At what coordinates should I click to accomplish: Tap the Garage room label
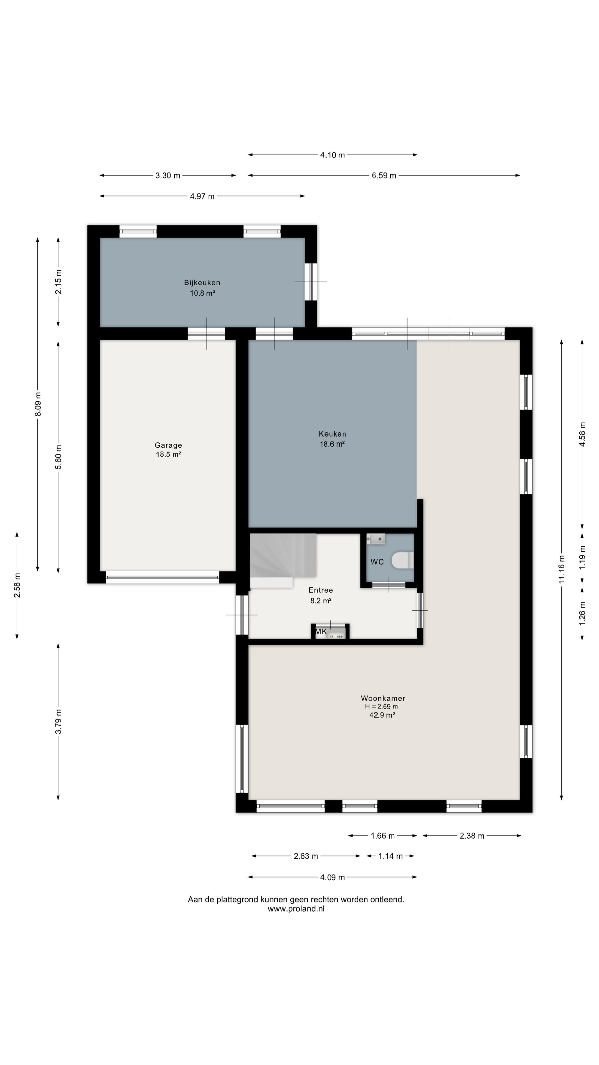(168, 445)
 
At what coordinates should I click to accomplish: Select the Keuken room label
(333, 434)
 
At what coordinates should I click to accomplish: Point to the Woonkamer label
(383, 698)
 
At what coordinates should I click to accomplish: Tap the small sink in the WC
(376, 539)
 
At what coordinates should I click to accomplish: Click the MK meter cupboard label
(321, 632)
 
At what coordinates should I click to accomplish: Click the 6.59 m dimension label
(384, 176)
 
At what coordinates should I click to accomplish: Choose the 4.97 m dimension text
(202, 196)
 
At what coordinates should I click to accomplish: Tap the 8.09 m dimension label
(38, 404)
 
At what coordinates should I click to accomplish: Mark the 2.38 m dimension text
(472, 836)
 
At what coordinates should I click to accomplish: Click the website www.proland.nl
(296, 909)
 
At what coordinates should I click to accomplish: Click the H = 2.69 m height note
(381, 707)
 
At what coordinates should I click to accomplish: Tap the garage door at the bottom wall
(163, 577)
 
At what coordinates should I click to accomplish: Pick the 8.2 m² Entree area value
(321, 601)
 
